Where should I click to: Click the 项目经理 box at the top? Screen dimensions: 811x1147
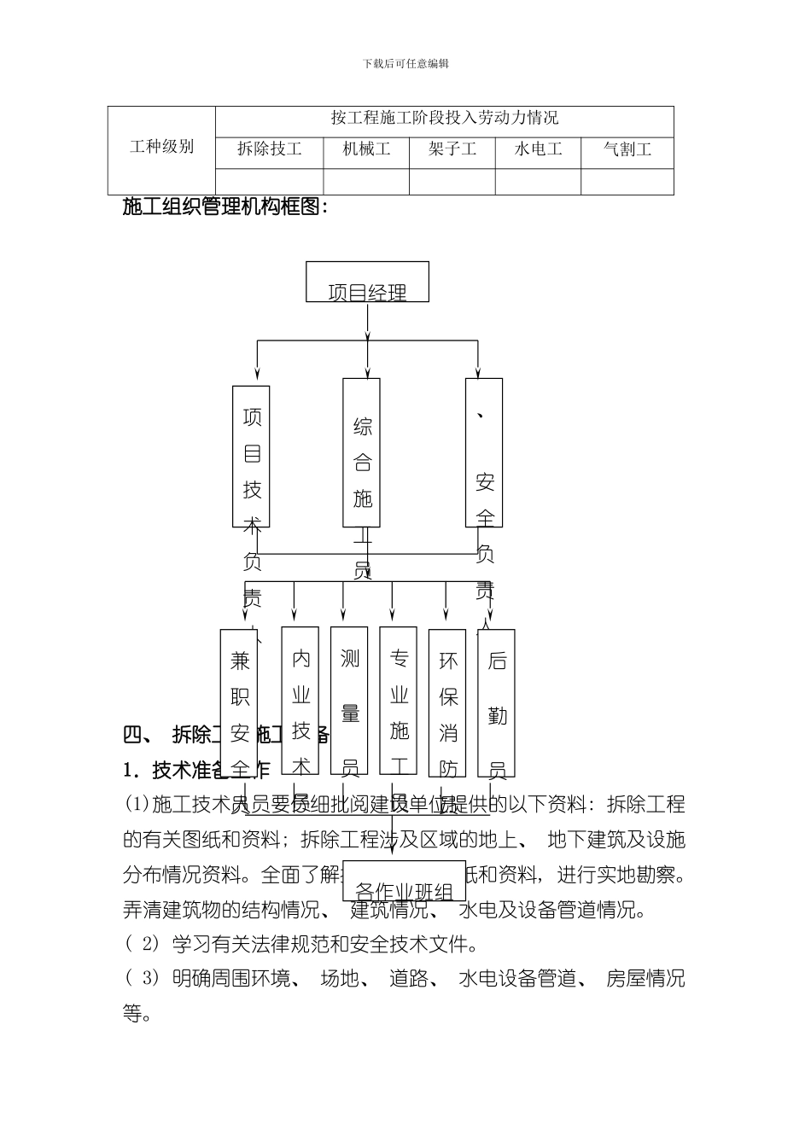tap(367, 282)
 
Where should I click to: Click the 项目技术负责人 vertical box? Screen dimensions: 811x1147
tap(251, 457)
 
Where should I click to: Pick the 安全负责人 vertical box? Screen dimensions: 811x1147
tap(484, 453)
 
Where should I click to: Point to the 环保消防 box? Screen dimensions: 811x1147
tap(447, 704)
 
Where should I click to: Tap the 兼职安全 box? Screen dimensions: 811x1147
tap(239, 704)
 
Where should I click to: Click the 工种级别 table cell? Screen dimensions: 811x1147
tap(161, 147)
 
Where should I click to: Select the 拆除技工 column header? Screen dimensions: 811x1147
tap(270, 149)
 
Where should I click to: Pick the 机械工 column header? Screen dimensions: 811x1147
tap(367, 149)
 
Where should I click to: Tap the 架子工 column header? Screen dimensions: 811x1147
tap(452, 149)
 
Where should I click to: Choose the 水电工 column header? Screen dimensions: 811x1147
tap(539, 149)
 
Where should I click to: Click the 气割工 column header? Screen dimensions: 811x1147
tap(627, 149)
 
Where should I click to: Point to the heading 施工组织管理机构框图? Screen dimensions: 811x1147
tap(225, 207)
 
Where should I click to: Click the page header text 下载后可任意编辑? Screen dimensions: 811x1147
tap(405, 63)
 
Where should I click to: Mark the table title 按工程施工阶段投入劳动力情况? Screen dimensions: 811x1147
tap(445, 118)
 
